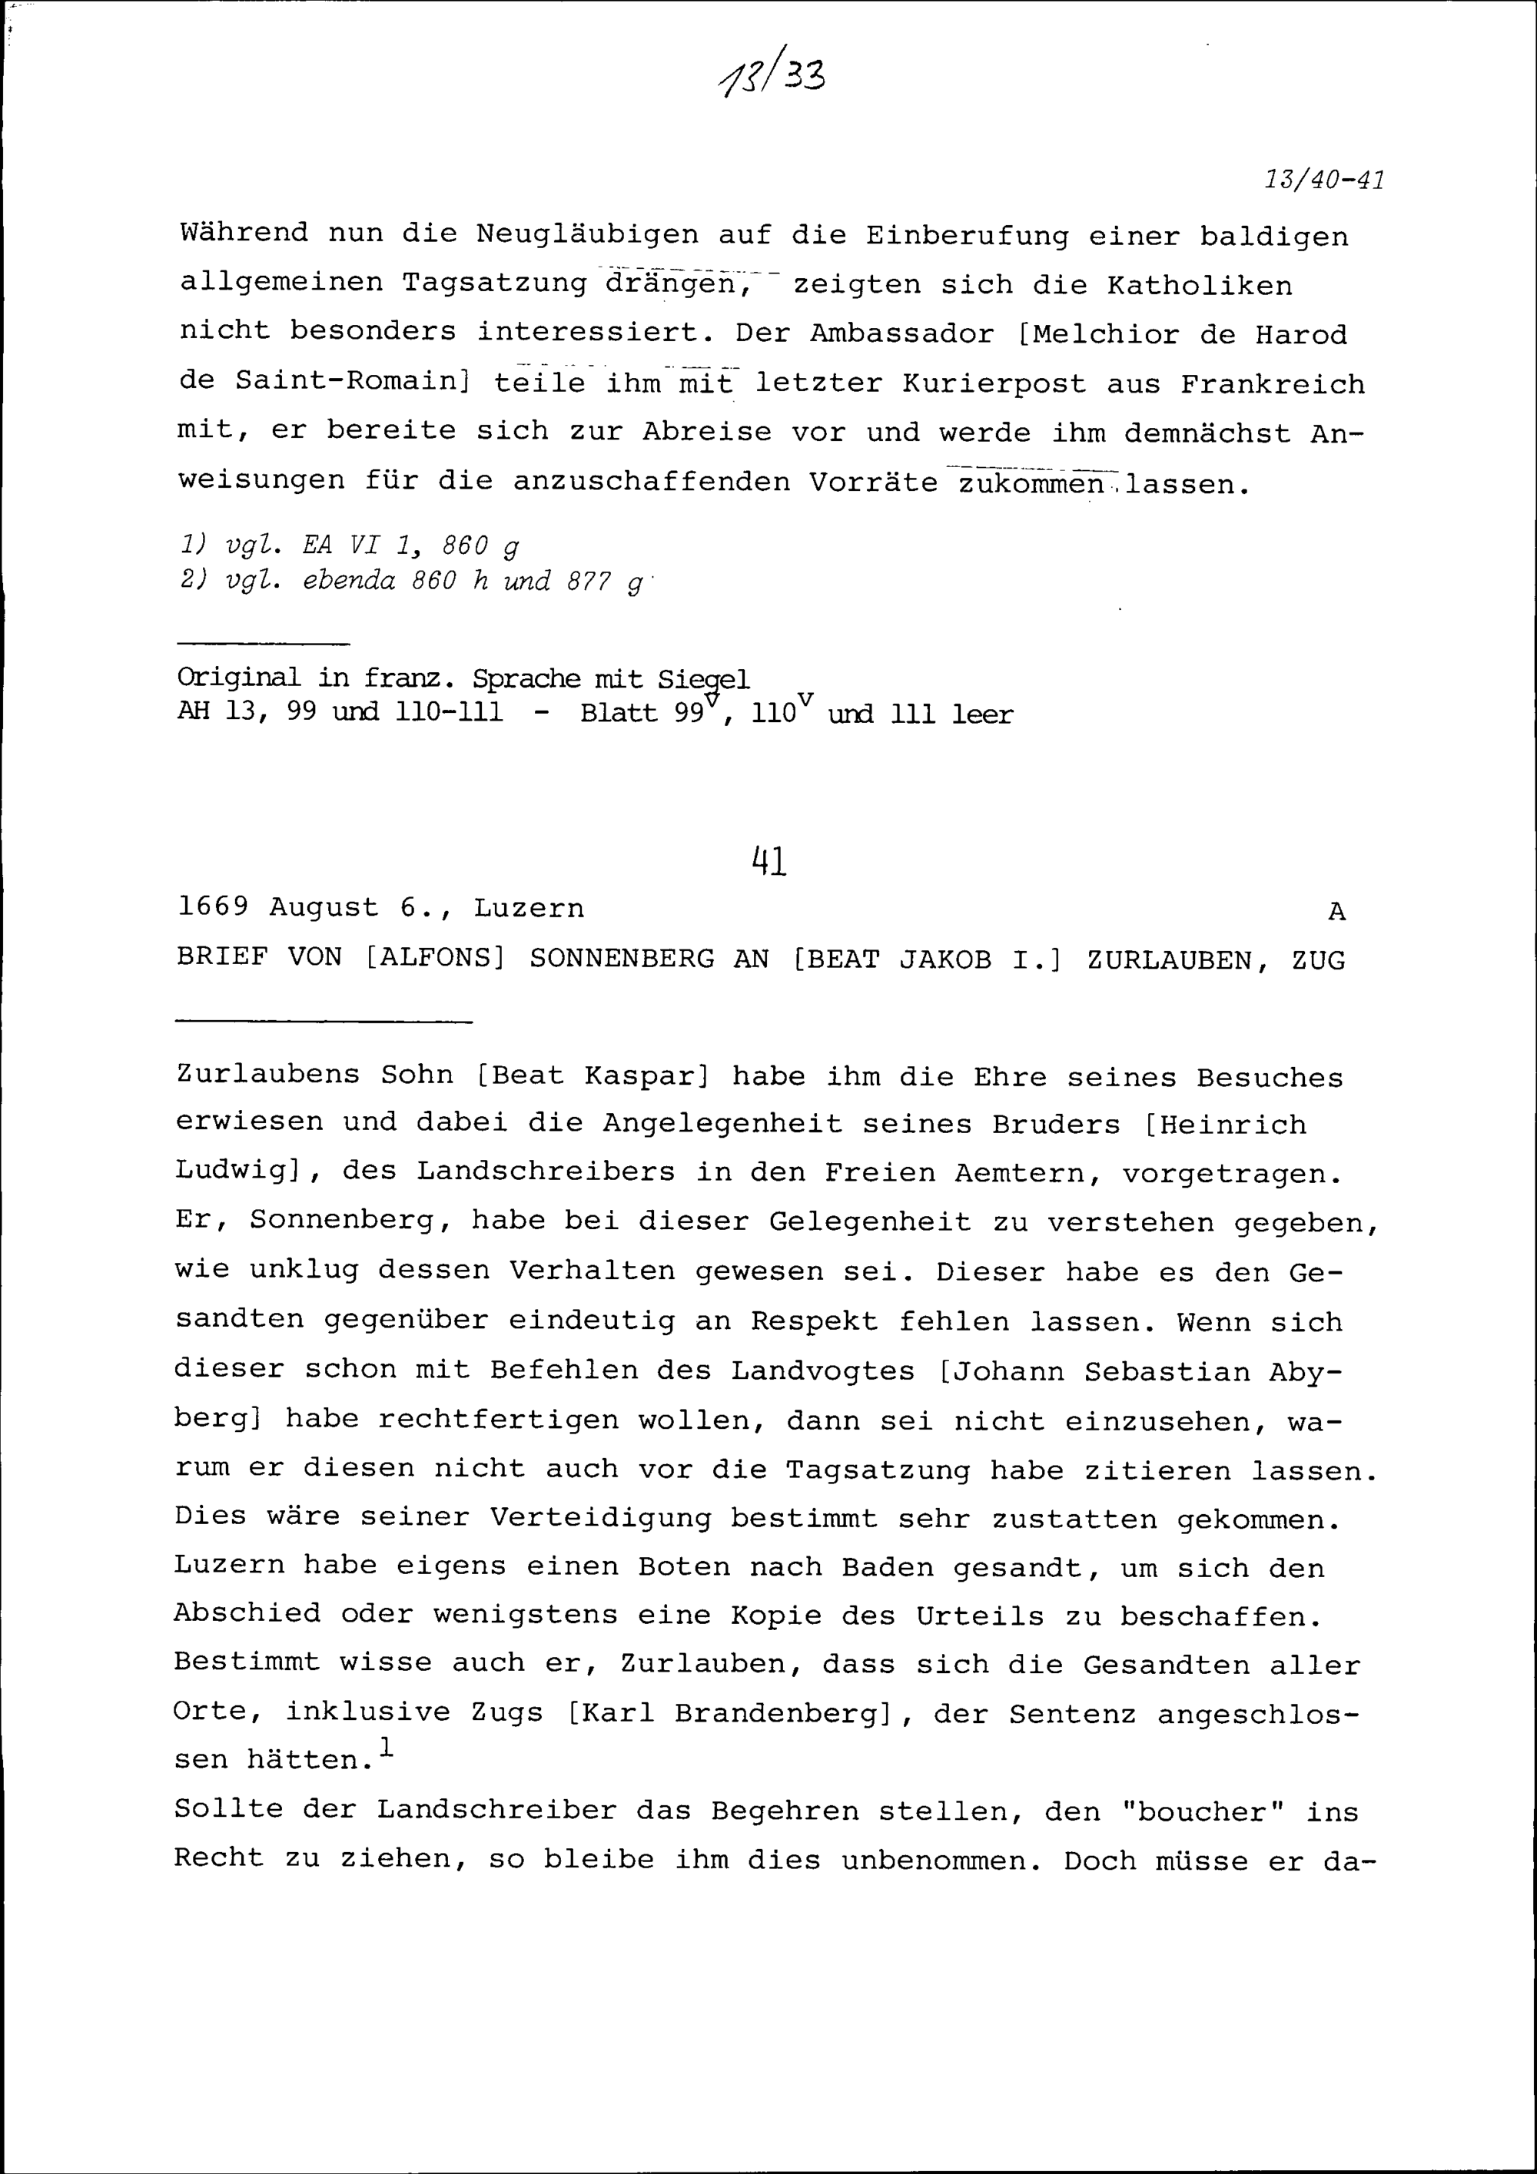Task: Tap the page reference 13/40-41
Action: click(x=1324, y=180)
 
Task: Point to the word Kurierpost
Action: click(x=994, y=384)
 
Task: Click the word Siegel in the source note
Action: click(x=704, y=680)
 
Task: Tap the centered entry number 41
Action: click(x=769, y=862)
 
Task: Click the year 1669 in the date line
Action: click(x=213, y=908)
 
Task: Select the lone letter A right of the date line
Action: click(x=1336, y=912)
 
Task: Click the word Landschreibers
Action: click(x=546, y=1172)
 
